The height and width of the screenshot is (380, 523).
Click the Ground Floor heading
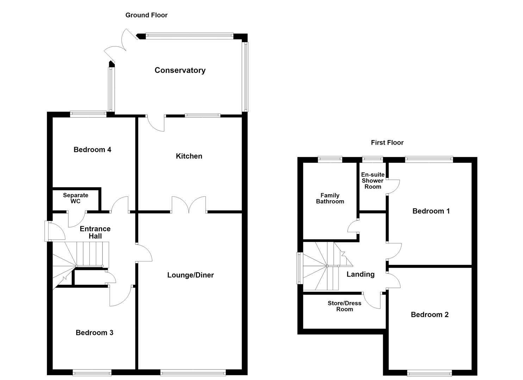click(147, 15)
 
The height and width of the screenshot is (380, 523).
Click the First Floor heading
click(387, 142)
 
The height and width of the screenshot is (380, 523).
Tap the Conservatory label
click(180, 70)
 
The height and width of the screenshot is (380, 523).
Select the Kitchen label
click(189, 156)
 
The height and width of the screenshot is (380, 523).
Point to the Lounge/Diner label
click(190, 275)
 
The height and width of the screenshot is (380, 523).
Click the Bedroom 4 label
click(92, 150)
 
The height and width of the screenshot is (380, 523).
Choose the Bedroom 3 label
click(94, 332)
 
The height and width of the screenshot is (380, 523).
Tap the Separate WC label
click(75, 198)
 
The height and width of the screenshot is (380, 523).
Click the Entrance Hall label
click(95, 232)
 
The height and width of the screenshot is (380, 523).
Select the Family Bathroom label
click(330, 198)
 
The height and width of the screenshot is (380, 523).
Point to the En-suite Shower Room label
click(373, 181)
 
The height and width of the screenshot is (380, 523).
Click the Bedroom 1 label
click(431, 211)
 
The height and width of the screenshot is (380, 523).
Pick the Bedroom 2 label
click(430, 315)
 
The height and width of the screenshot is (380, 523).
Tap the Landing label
click(361, 274)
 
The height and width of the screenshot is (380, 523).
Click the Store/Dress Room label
click(344, 306)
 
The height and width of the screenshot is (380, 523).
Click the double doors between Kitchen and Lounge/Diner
click(189, 205)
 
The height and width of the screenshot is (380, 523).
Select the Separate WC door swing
click(77, 219)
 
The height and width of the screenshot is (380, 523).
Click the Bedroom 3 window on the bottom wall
click(92, 373)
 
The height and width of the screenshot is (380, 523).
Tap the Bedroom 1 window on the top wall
click(429, 159)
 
